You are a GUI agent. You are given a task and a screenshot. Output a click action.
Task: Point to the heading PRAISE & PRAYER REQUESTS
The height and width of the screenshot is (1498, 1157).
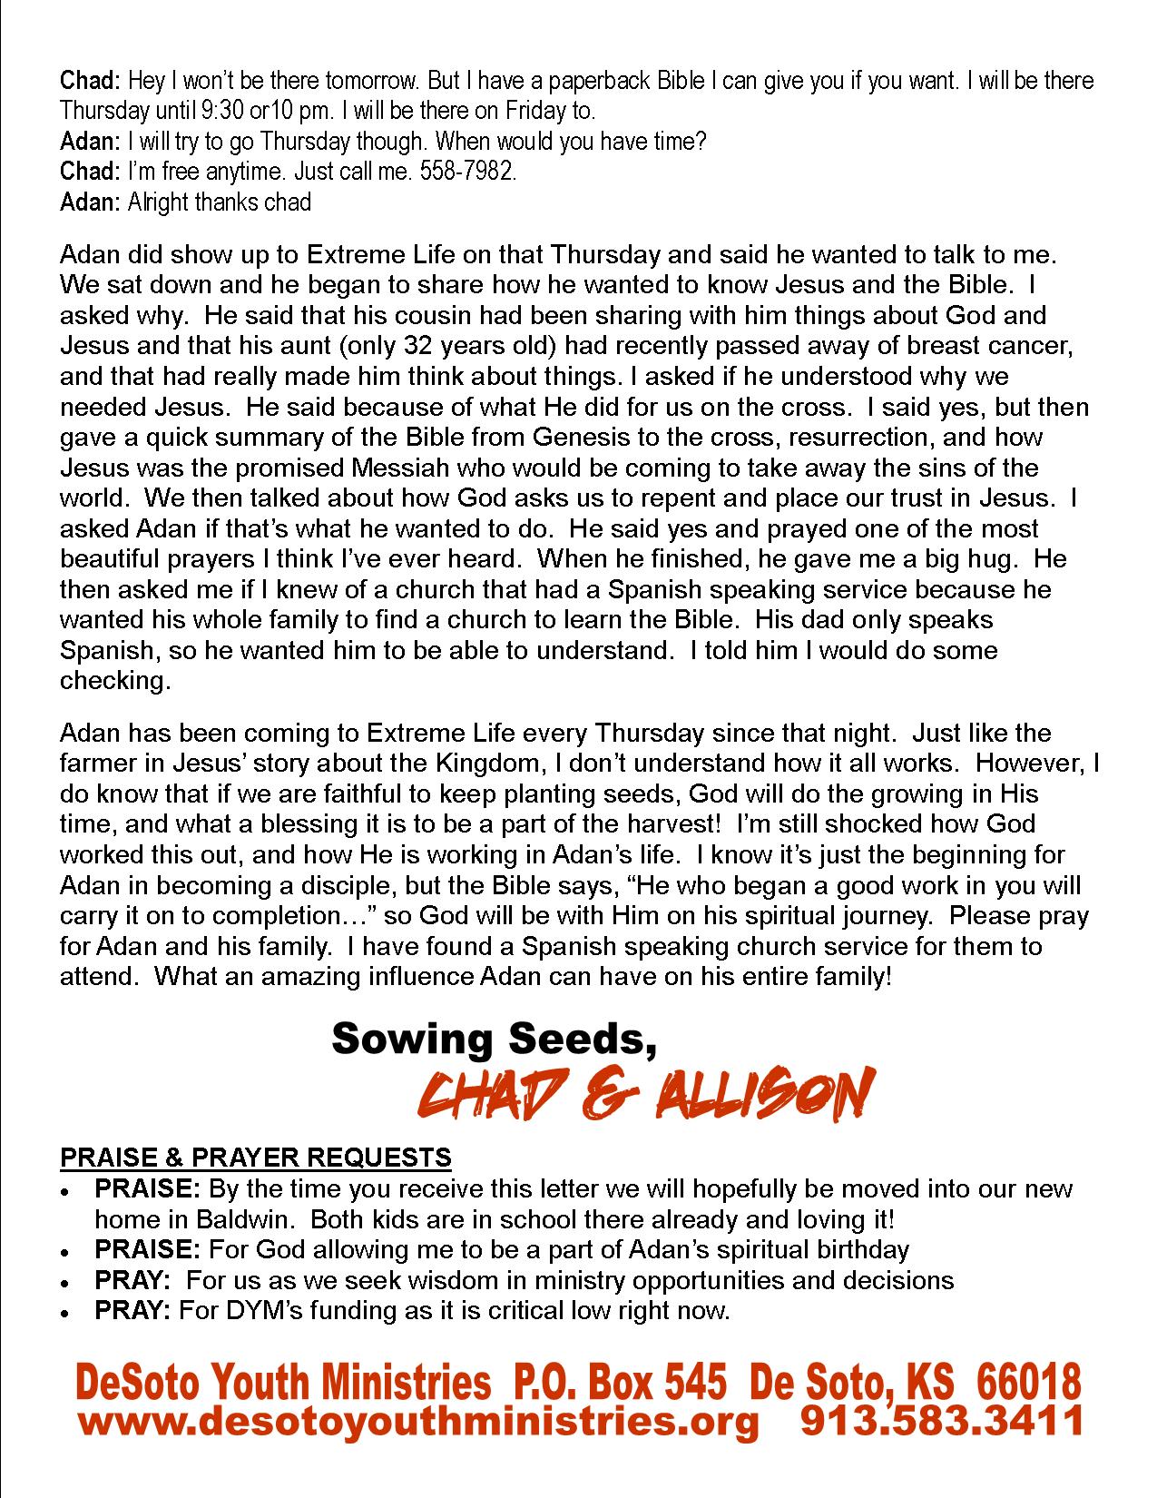coord(255,1158)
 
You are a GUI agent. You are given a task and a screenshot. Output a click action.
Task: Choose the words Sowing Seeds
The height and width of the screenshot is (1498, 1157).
coord(494,1037)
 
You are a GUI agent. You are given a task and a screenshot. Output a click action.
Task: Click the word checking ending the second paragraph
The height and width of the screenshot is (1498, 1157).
coord(114,681)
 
